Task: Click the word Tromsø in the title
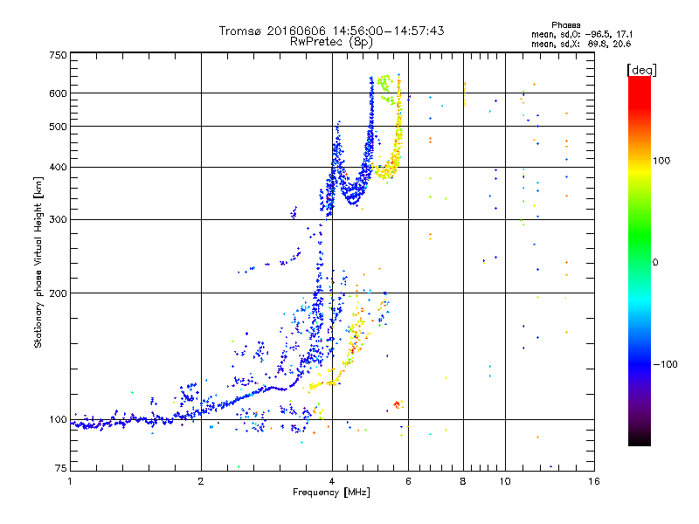click(x=240, y=31)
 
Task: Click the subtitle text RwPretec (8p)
click(x=331, y=42)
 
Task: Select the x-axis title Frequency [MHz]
click(x=331, y=493)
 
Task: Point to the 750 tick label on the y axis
click(x=59, y=55)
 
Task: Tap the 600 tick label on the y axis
click(x=59, y=93)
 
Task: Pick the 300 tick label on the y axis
click(x=59, y=219)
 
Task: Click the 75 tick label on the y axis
click(x=61, y=468)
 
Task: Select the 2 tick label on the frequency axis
click(x=201, y=481)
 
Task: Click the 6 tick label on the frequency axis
click(x=408, y=481)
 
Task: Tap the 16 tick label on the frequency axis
click(x=594, y=481)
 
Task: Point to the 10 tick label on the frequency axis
click(x=505, y=481)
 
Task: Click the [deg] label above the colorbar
click(x=641, y=70)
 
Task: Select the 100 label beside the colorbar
click(x=661, y=161)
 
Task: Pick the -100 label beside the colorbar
click(x=665, y=364)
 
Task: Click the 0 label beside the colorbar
click(x=655, y=262)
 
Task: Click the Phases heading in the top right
click(x=565, y=25)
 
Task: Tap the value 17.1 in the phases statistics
click(x=624, y=34)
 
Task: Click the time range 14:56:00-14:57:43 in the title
click(x=388, y=31)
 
